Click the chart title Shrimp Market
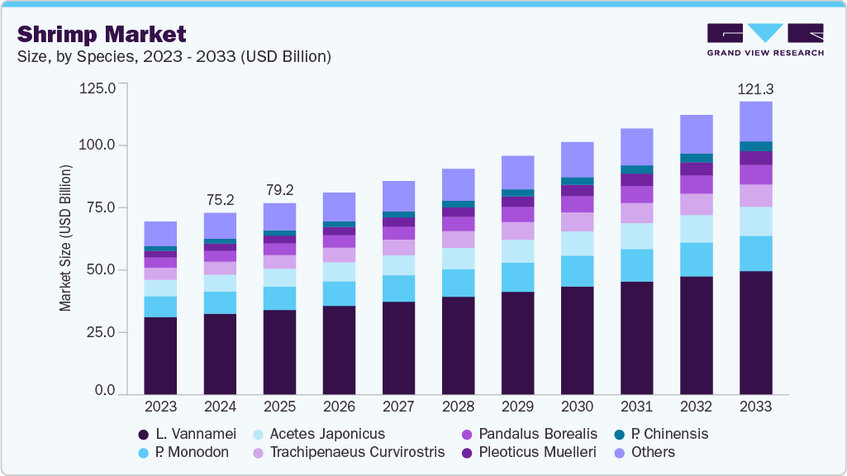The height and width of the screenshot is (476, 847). point(102,34)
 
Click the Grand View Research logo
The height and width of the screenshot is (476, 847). point(765,39)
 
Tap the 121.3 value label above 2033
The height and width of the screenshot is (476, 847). point(755,88)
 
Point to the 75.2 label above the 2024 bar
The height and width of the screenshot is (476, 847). point(220,199)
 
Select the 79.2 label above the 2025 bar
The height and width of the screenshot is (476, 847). point(279,190)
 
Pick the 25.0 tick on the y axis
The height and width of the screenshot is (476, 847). point(101,331)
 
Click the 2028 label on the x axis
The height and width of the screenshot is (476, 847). point(458,407)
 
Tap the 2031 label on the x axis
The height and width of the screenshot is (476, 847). point(636,407)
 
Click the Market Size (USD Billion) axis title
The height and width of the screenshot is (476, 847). point(65,238)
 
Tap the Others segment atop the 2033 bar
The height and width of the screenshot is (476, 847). point(755,121)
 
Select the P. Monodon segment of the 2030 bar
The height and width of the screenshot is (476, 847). point(577,271)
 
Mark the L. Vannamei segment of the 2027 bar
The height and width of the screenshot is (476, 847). point(398,348)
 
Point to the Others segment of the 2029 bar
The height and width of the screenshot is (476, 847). point(517,172)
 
